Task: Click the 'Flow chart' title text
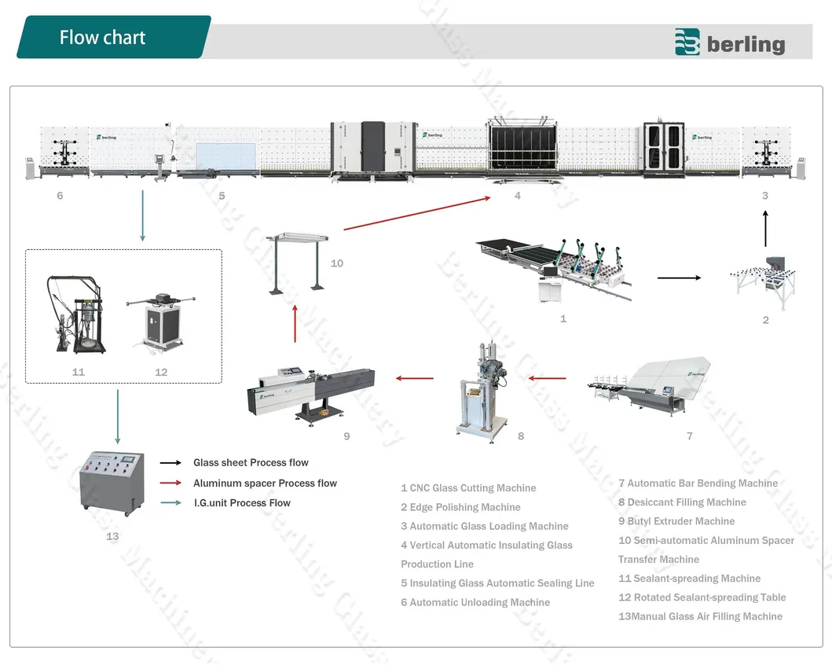pos(102,37)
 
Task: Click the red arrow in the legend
pos(171,483)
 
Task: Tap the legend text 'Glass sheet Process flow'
pos(251,463)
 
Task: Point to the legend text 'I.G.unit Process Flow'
pos(242,503)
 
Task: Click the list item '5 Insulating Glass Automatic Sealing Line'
pos(497,583)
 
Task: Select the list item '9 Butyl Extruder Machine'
pos(676,521)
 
